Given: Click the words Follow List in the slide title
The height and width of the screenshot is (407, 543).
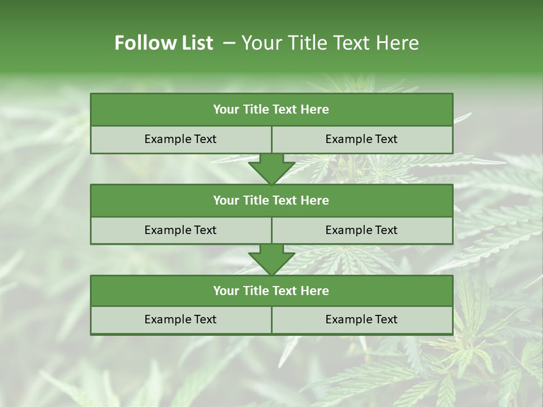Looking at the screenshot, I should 164,43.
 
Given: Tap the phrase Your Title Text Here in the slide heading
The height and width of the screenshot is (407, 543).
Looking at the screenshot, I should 330,43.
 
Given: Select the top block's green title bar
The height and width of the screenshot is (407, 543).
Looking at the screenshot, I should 271,110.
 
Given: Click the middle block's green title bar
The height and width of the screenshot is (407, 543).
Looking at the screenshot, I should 271,200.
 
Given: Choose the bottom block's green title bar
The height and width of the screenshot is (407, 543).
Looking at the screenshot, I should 271,291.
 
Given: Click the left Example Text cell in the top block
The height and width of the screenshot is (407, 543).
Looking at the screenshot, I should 180,139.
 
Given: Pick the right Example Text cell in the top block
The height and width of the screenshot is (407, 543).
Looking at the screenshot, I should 361,139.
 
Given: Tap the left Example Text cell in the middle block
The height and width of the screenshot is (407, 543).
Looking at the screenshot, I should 180,230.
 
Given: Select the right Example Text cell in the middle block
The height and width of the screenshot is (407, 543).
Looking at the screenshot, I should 361,230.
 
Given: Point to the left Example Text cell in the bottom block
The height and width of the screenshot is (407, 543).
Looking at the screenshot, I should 180,319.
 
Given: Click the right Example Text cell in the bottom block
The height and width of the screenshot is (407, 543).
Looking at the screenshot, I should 361,319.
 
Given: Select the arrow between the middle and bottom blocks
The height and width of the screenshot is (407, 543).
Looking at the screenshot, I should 271,259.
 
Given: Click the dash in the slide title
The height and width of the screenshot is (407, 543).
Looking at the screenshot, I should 229,43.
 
